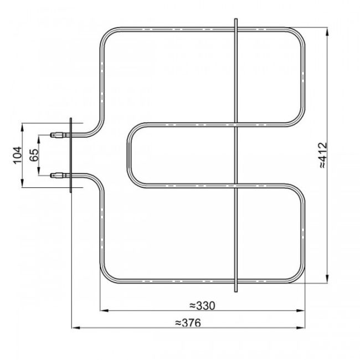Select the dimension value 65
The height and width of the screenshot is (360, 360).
click(33, 156)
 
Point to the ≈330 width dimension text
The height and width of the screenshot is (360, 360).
click(202, 305)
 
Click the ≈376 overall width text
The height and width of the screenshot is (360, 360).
click(187, 322)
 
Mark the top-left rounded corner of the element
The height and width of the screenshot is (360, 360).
click(106, 34)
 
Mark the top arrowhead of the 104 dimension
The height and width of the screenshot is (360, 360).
click(22, 125)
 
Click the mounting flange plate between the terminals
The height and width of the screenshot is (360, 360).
click(70, 156)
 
